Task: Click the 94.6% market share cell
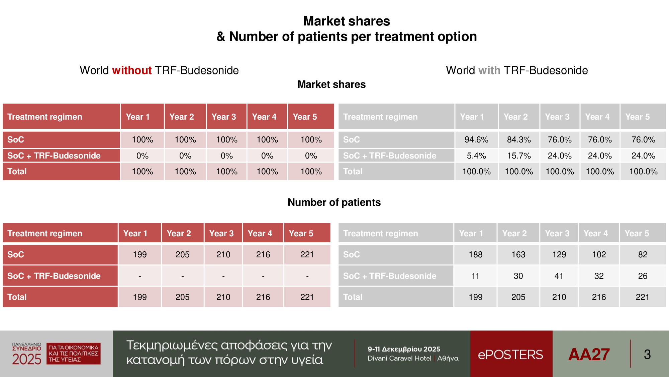[476, 140]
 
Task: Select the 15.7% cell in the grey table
[519, 156]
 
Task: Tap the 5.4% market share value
[476, 156]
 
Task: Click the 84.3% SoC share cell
[519, 140]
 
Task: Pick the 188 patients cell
[475, 255]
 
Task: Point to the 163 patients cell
[518, 255]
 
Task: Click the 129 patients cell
[559, 255]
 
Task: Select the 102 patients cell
[599, 255]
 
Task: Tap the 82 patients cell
[643, 255]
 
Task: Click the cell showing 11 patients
[475, 276]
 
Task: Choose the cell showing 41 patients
[559, 276]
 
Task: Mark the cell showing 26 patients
[643, 276]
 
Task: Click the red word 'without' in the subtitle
[132, 70]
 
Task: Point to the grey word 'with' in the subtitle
[489, 70]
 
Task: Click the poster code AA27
[589, 355]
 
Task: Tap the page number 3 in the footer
[647, 355]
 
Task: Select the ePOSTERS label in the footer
[510, 355]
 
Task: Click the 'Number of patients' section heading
[334, 202]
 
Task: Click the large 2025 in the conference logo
[27, 359]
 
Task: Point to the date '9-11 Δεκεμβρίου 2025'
[404, 349]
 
